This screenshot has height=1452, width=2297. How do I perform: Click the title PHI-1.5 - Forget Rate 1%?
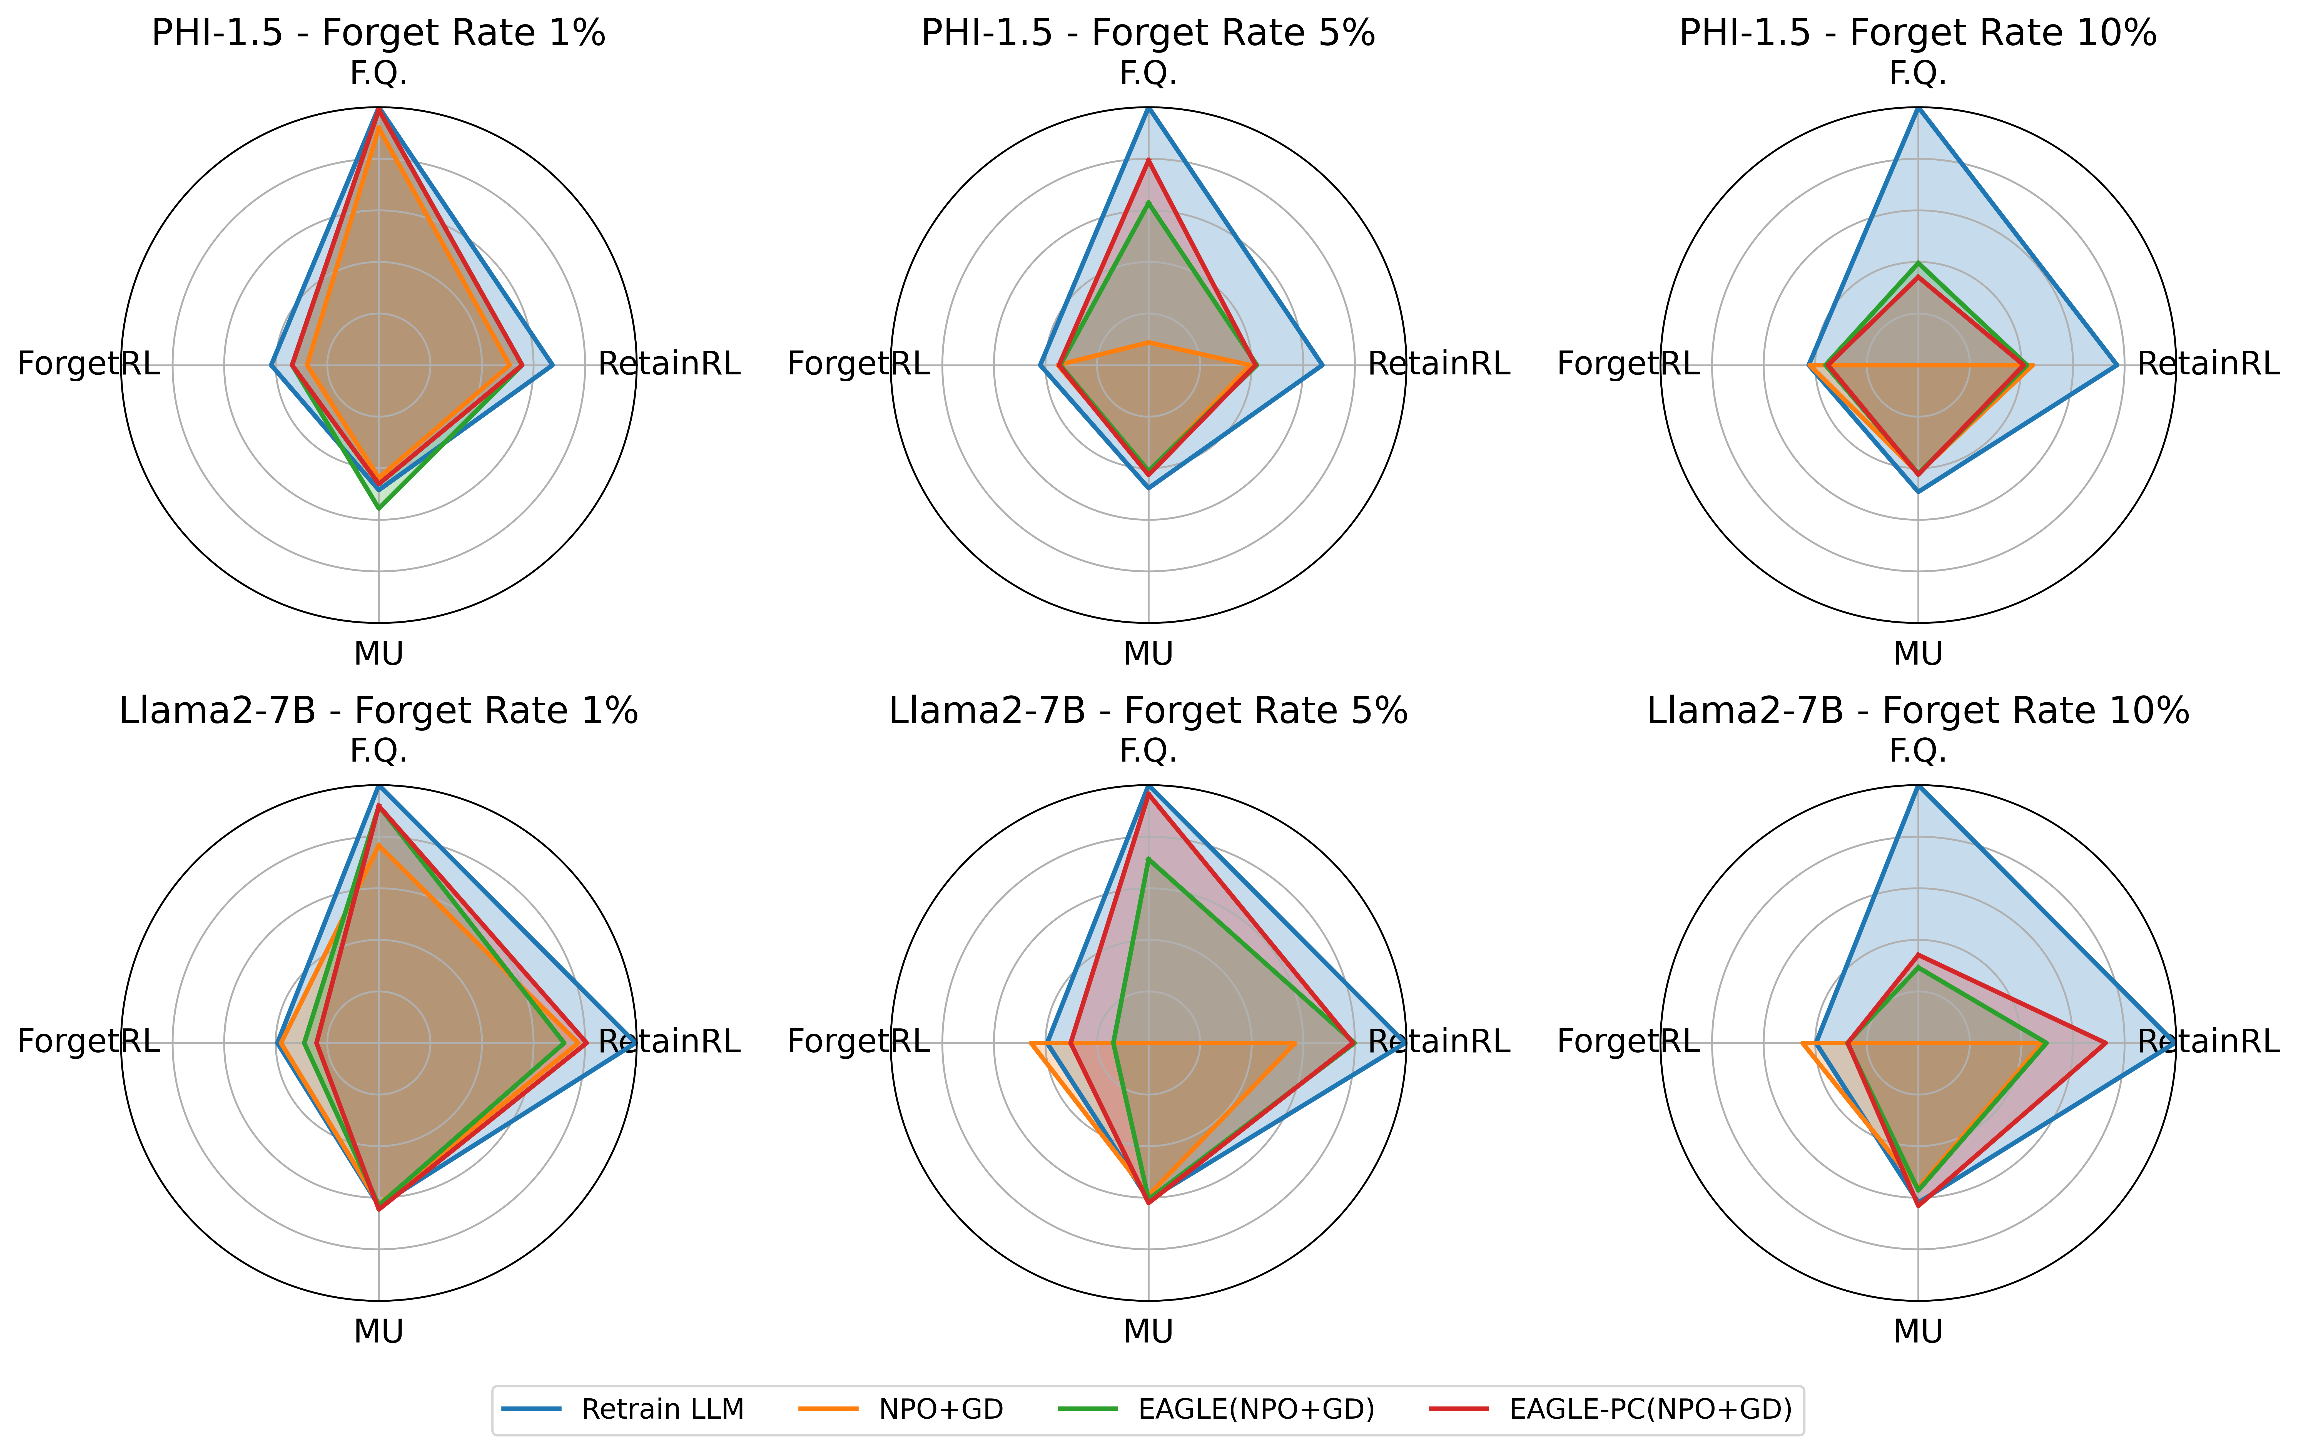click(379, 33)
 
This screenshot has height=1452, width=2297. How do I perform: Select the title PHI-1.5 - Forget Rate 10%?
click(1917, 33)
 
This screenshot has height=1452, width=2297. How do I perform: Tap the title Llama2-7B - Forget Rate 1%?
click(379, 711)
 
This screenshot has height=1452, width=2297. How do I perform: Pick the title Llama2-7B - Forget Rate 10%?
click(1917, 711)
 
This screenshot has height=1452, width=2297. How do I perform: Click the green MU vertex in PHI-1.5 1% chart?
click(379, 508)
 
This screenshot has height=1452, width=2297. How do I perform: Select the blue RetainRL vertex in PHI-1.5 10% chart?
click(2117, 364)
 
